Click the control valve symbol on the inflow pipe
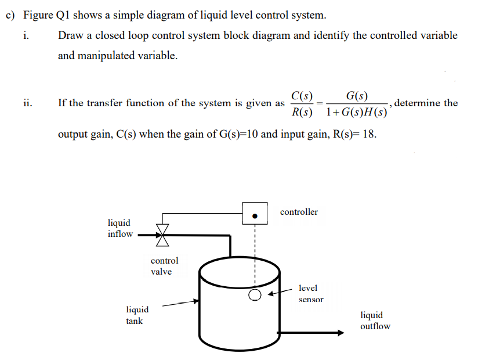(x=163, y=235)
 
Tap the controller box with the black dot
(x=255, y=213)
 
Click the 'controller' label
(x=299, y=212)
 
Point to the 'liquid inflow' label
(x=119, y=228)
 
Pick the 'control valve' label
(x=164, y=266)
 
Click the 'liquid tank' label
(x=137, y=315)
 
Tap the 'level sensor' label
(x=310, y=293)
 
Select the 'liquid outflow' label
(x=375, y=321)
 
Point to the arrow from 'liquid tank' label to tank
(x=180, y=303)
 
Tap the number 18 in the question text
(x=367, y=135)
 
